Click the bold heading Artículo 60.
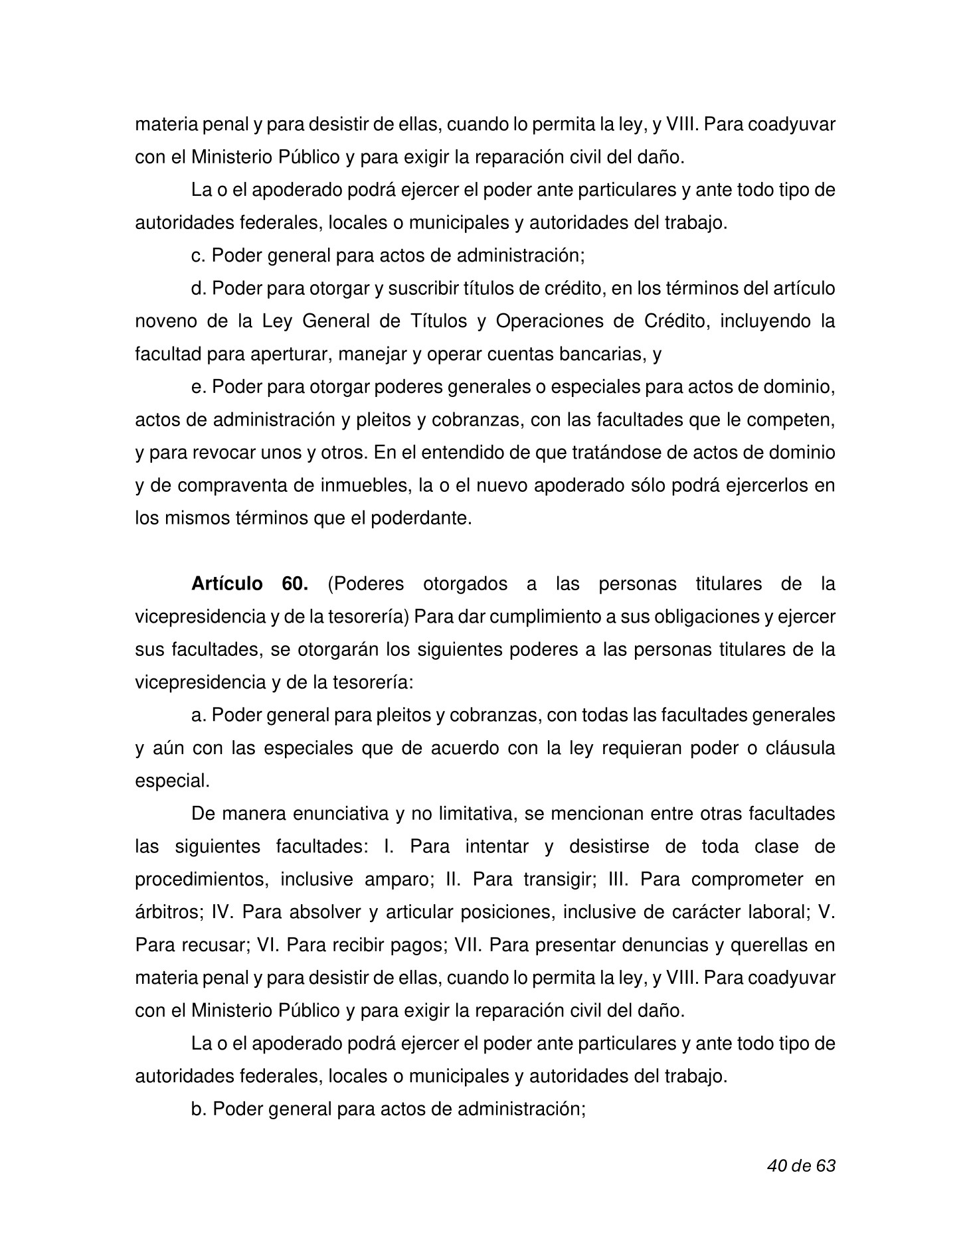pos(249,584)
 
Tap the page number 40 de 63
pos(800,1166)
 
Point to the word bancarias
pos(602,354)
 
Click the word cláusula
pos(799,748)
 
